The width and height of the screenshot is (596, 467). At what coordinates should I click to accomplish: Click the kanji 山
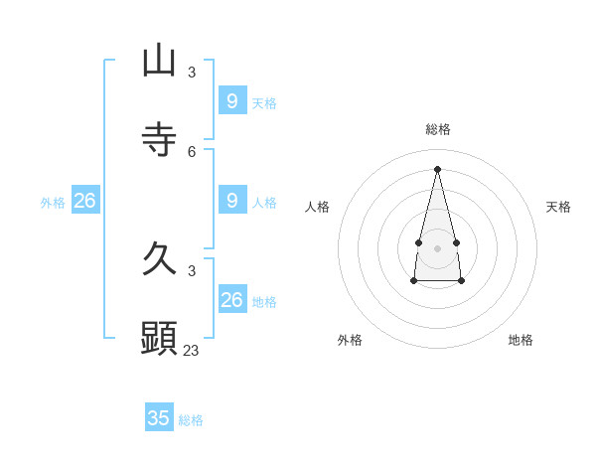[x=159, y=61]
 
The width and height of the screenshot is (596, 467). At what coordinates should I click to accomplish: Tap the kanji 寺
[x=159, y=140]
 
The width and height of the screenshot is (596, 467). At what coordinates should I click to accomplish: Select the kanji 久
[x=159, y=259]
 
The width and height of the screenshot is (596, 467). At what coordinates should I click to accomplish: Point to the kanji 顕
[x=159, y=339]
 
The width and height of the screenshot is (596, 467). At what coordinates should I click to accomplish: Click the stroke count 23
[x=192, y=350]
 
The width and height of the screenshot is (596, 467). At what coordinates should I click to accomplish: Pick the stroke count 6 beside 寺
[x=192, y=151]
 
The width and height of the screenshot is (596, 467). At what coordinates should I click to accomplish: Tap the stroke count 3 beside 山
[x=192, y=72]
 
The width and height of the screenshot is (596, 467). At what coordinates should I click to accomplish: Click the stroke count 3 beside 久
[x=192, y=270]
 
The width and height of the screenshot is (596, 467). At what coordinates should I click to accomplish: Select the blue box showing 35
[x=159, y=418]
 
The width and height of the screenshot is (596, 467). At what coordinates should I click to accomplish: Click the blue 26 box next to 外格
[x=84, y=201]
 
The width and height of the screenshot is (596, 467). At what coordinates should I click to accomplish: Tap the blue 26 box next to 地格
[x=231, y=300]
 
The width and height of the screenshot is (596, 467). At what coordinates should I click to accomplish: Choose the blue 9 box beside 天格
[x=231, y=101]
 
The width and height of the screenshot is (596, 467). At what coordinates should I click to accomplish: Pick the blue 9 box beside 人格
[x=231, y=201]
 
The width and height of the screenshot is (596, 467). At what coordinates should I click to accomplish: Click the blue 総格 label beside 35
[x=191, y=420]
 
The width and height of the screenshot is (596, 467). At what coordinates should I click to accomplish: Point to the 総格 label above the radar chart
[x=437, y=129]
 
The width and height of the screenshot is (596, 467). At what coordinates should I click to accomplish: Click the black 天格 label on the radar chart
[x=558, y=207]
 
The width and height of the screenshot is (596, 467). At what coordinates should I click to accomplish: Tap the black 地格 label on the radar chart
[x=521, y=340]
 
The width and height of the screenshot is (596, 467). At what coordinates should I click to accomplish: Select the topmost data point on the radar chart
[x=437, y=168]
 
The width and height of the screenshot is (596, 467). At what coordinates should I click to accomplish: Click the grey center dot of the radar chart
[x=437, y=247]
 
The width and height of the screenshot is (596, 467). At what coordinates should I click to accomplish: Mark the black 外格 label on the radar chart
[x=350, y=340]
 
